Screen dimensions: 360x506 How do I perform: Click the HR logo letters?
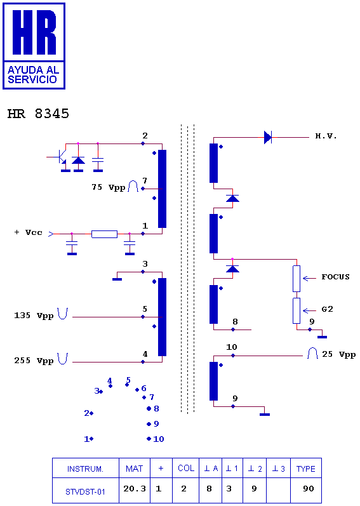(x=34, y=32)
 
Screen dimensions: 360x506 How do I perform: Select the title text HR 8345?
(x=38, y=114)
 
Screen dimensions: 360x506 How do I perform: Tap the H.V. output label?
(x=326, y=136)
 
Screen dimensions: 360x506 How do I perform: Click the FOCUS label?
(x=335, y=277)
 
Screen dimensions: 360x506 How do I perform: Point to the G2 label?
(x=328, y=309)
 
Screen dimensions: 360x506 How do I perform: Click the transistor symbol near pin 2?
(x=60, y=157)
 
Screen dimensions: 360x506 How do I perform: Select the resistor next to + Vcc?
(x=104, y=234)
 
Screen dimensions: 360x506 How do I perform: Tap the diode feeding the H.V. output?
(x=268, y=138)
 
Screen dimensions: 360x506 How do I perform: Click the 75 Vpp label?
(x=108, y=187)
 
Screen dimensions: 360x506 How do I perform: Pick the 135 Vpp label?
(x=34, y=316)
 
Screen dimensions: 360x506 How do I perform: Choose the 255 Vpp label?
(x=34, y=361)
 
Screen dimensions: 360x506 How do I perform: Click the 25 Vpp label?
(x=338, y=354)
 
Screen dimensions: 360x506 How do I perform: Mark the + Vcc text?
(x=29, y=232)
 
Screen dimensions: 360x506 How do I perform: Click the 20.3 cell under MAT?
(x=135, y=489)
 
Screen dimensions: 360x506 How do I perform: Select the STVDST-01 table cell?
(x=85, y=492)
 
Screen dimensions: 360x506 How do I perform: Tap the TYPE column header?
(x=306, y=469)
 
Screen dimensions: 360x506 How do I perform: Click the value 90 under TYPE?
(x=309, y=489)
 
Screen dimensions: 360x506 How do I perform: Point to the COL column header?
(x=186, y=469)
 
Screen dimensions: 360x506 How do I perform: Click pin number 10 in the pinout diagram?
(x=159, y=439)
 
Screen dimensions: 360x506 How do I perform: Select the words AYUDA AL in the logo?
(x=33, y=70)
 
